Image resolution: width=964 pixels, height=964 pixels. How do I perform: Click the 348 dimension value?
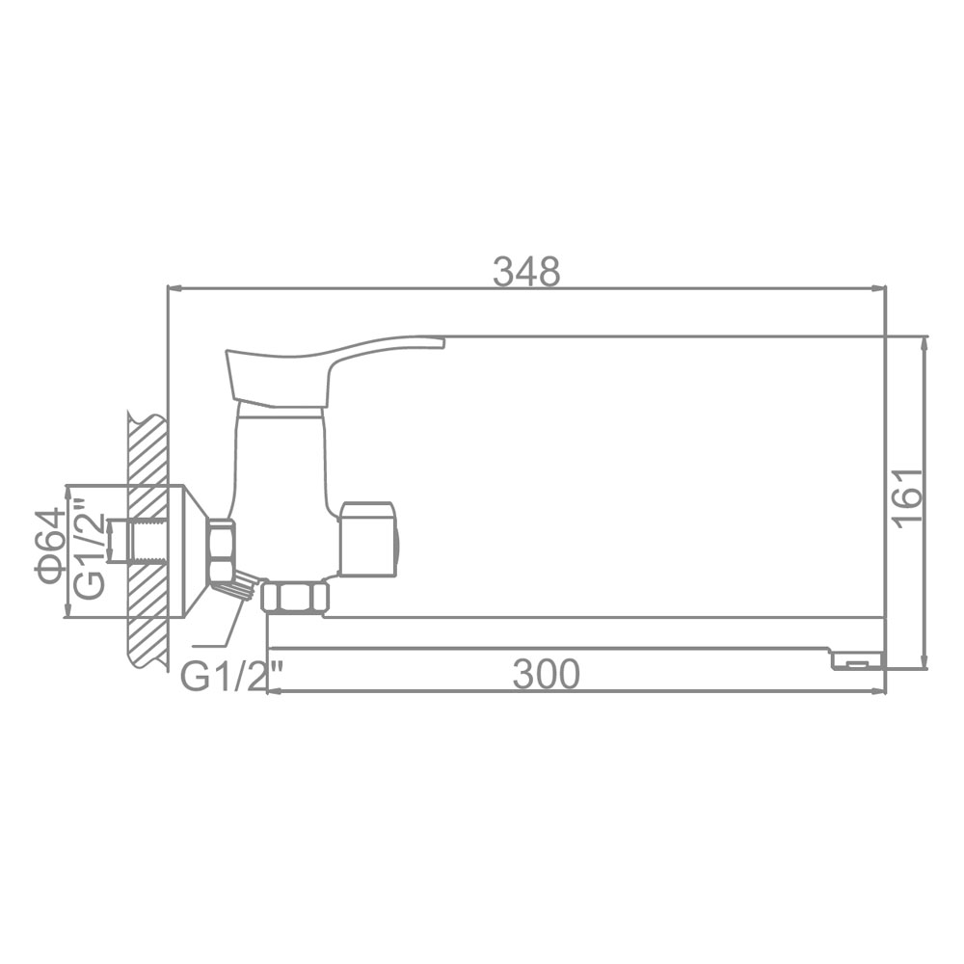(x=527, y=272)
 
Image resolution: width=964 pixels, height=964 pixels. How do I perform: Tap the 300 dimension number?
(x=546, y=675)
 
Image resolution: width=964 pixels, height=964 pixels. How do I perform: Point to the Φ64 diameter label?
(x=49, y=546)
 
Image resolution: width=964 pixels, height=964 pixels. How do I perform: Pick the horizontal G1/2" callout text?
(x=231, y=677)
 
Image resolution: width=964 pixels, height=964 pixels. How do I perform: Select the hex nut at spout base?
(x=295, y=597)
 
